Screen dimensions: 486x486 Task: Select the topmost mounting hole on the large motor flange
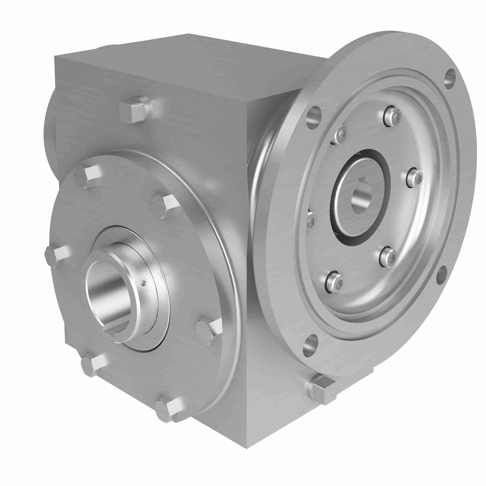click(x=450, y=79)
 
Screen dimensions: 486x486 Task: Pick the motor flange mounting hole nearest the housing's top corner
click(x=314, y=117)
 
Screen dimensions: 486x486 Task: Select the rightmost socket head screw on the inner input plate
click(x=415, y=178)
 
